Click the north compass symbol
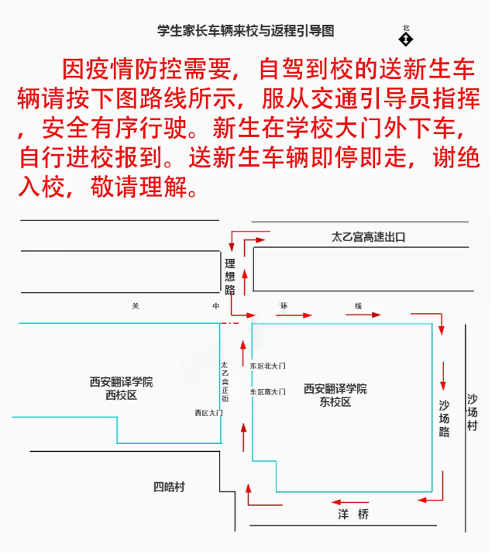pos(406,36)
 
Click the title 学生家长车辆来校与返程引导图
pos(246,31)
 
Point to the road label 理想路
pos(229,277)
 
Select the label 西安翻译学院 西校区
pos(121,388)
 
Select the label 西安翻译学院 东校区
pos(335,395)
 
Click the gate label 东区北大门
pos(268,365)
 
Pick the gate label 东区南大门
pos(267,392)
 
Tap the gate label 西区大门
pos(208,413)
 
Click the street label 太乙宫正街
pos(225,380)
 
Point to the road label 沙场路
pos(444,418)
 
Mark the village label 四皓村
pos(169,487)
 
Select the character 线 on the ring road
pos(359,306)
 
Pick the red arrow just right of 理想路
pos(245,279)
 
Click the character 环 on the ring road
pos(284,306)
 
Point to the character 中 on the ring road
pos(216,306)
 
